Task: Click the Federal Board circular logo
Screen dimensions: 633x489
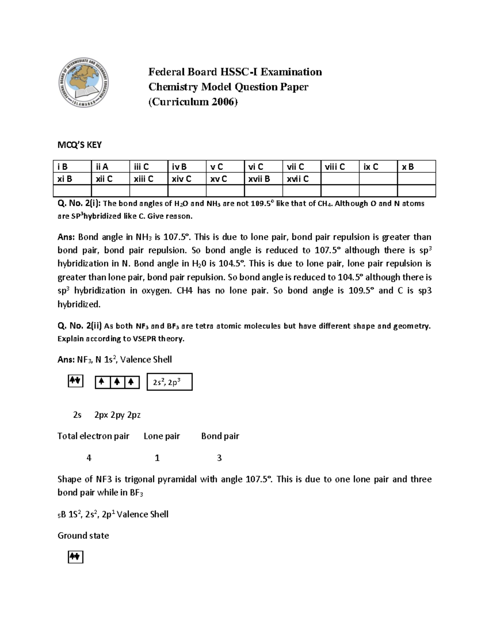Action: (84, 82)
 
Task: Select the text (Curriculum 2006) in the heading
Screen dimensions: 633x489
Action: (192, 102)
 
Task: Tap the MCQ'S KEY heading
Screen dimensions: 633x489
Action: (79, 145)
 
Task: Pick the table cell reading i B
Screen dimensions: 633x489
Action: (72, 167)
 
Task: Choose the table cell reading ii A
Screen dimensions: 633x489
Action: (110, 167)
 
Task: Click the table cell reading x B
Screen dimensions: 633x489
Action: (416, 167)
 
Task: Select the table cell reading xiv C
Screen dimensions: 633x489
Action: (187, 179)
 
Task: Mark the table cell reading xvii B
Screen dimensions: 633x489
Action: (263, 179)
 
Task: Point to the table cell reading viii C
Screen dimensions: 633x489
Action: (340, 167)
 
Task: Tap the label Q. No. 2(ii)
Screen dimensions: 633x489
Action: (80, 326)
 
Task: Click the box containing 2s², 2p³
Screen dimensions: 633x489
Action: (169, 382)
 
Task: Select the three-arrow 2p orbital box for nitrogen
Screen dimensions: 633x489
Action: (117, 382)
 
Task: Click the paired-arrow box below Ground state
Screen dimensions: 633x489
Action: (75, 557)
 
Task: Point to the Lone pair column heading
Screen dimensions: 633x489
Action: (162, 436)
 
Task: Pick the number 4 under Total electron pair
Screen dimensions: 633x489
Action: (89, 458)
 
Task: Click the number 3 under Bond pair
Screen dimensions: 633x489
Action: (219, 458)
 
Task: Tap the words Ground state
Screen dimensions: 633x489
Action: (83, 536)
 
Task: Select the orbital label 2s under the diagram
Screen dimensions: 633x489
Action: (77, 415)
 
